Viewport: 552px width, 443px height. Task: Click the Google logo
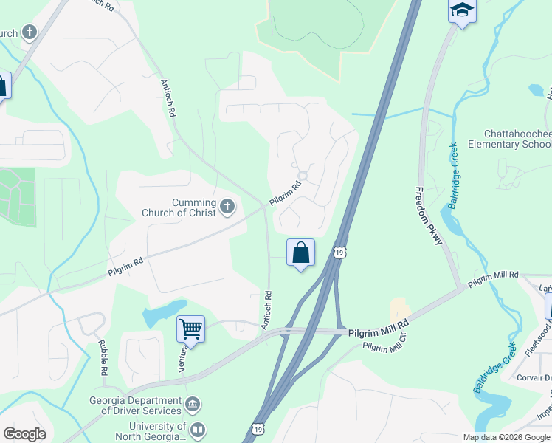click(24, 434)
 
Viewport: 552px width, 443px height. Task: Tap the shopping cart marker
click(190, 329)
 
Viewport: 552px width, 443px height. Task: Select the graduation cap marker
click(462, 11)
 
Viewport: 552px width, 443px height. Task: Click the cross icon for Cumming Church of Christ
click(227, 207)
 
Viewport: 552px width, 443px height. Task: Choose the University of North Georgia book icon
click(197, 430)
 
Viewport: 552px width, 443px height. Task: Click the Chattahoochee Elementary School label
click(517, 139)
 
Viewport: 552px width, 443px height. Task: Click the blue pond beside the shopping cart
click(163, 314)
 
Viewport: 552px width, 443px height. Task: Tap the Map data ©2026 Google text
click(506, 437)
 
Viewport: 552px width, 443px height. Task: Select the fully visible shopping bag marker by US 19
click(300, 253)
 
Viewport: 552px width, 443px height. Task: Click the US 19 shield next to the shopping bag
click(339, 253)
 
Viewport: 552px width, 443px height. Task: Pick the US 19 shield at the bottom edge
click(257, 429)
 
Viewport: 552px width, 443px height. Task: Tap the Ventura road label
click(181, 360)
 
